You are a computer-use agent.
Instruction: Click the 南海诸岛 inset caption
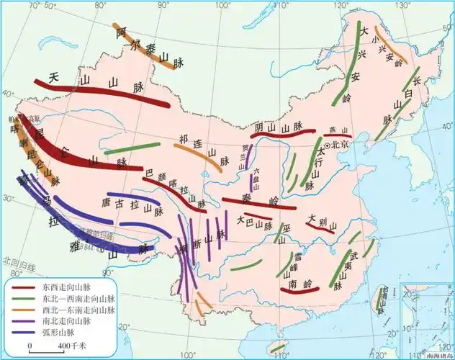(x=438, y=355)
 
